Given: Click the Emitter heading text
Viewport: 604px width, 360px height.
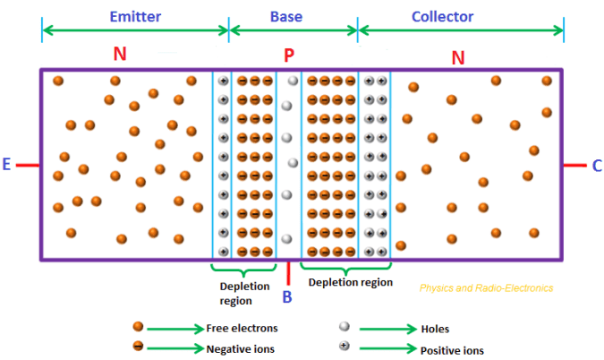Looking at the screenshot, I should point(135,16).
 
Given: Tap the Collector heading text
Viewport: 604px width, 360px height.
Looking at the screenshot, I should point(442,16).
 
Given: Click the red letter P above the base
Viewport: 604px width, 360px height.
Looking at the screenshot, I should point(288,56).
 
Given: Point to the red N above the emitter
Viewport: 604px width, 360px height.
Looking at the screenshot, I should point(120,55).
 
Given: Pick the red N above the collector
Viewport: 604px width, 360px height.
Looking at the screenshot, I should point(458,58).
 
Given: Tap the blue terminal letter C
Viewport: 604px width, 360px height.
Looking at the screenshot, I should point(596,165).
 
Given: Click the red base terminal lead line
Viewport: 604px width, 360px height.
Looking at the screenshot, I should point(288,271).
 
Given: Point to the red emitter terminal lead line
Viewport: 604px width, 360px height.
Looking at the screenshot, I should point(28,165).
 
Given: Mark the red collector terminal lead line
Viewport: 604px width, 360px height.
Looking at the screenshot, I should point(574,165).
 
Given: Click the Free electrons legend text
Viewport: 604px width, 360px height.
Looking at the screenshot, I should point(242,328).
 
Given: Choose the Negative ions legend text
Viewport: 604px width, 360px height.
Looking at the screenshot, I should point(241,348).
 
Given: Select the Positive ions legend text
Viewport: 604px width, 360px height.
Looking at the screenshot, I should point(447,348).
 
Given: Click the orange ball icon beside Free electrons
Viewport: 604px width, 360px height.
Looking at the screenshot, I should point(138,327).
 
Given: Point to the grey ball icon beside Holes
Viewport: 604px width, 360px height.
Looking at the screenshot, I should point(343,328).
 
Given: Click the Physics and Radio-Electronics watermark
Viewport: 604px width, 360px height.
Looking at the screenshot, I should point(486,288).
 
